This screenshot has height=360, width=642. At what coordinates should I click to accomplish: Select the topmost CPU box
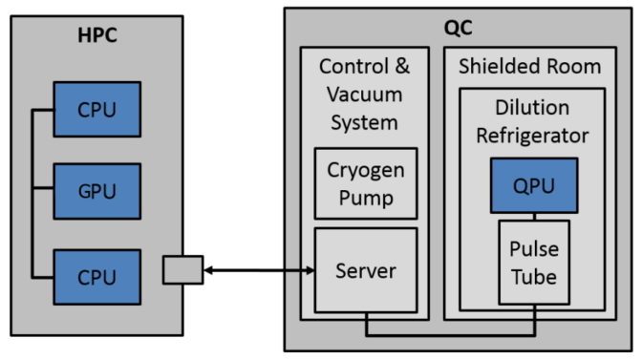tap(96, 109)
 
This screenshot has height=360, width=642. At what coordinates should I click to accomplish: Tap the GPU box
tap(96, 191)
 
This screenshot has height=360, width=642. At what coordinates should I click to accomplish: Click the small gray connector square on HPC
tap(182, 270)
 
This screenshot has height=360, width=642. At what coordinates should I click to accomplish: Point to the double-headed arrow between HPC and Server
tap(258, 271)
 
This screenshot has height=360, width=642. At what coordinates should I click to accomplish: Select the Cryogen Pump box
tap(366, 184)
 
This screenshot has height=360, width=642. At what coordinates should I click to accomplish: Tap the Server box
tap(366, 270)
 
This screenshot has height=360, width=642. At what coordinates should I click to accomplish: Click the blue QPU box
tap(535, 185)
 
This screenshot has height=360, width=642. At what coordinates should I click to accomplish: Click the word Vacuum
tap(366, 95)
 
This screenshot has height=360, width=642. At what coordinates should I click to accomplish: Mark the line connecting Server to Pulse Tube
tap(449, 335)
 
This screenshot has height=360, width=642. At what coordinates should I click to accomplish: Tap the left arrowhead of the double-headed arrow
tap(207, 271)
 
